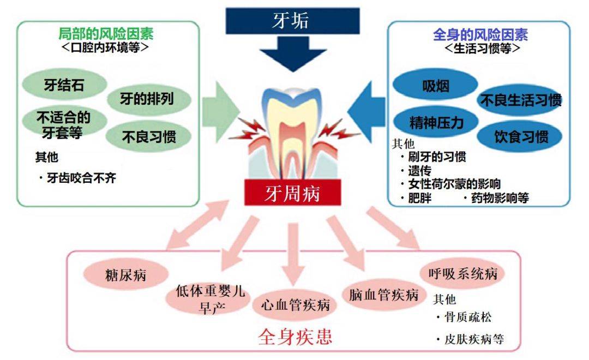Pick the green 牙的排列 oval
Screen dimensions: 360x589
tap(147, 99)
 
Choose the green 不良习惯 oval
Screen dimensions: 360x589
tap(148, 136)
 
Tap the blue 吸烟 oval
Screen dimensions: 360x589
tap(435, 86)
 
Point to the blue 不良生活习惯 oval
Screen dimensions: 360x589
tap(520, 100)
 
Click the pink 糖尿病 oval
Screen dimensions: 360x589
tap(126, 274)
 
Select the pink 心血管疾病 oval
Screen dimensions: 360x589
tap(295, 304)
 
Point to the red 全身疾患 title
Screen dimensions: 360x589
tap(294, 336)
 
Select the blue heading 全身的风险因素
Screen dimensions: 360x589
tap(480, 35)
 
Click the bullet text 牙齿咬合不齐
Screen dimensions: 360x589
tap(81, 178)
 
